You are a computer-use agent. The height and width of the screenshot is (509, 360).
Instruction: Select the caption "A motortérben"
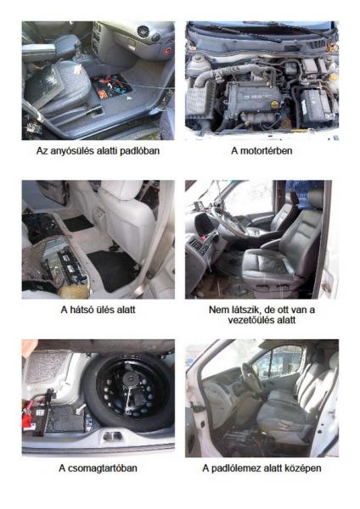pyautogui.click(x=262, y=151)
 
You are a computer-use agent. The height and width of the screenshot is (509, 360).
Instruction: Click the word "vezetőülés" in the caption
pyautogui.click(x=250, y=320)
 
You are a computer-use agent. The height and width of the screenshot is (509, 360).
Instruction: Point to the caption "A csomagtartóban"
pyautogui.click(x=98, y=468)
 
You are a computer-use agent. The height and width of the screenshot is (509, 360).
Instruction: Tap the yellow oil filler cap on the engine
pyautogui.click(x=275, y=103)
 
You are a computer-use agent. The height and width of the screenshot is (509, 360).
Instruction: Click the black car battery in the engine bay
pyautogui.click(x=315, y=104)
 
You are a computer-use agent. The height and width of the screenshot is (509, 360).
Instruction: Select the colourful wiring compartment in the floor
pyautogui.click(x=112, y=87)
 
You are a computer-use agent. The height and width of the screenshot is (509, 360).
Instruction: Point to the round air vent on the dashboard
pyautogui.click(x=143, y=31)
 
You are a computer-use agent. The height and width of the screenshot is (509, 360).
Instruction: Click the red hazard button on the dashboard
pyautogui.click(x=167, y=51)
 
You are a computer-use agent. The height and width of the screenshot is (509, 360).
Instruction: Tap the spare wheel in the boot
pyautogui.click(x=127, y=390)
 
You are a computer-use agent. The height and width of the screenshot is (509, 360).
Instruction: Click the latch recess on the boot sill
pyautogui.click(x=113, y=436)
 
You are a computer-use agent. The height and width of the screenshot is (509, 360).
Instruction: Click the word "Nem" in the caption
pyautogui.click(x=217, y=310)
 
